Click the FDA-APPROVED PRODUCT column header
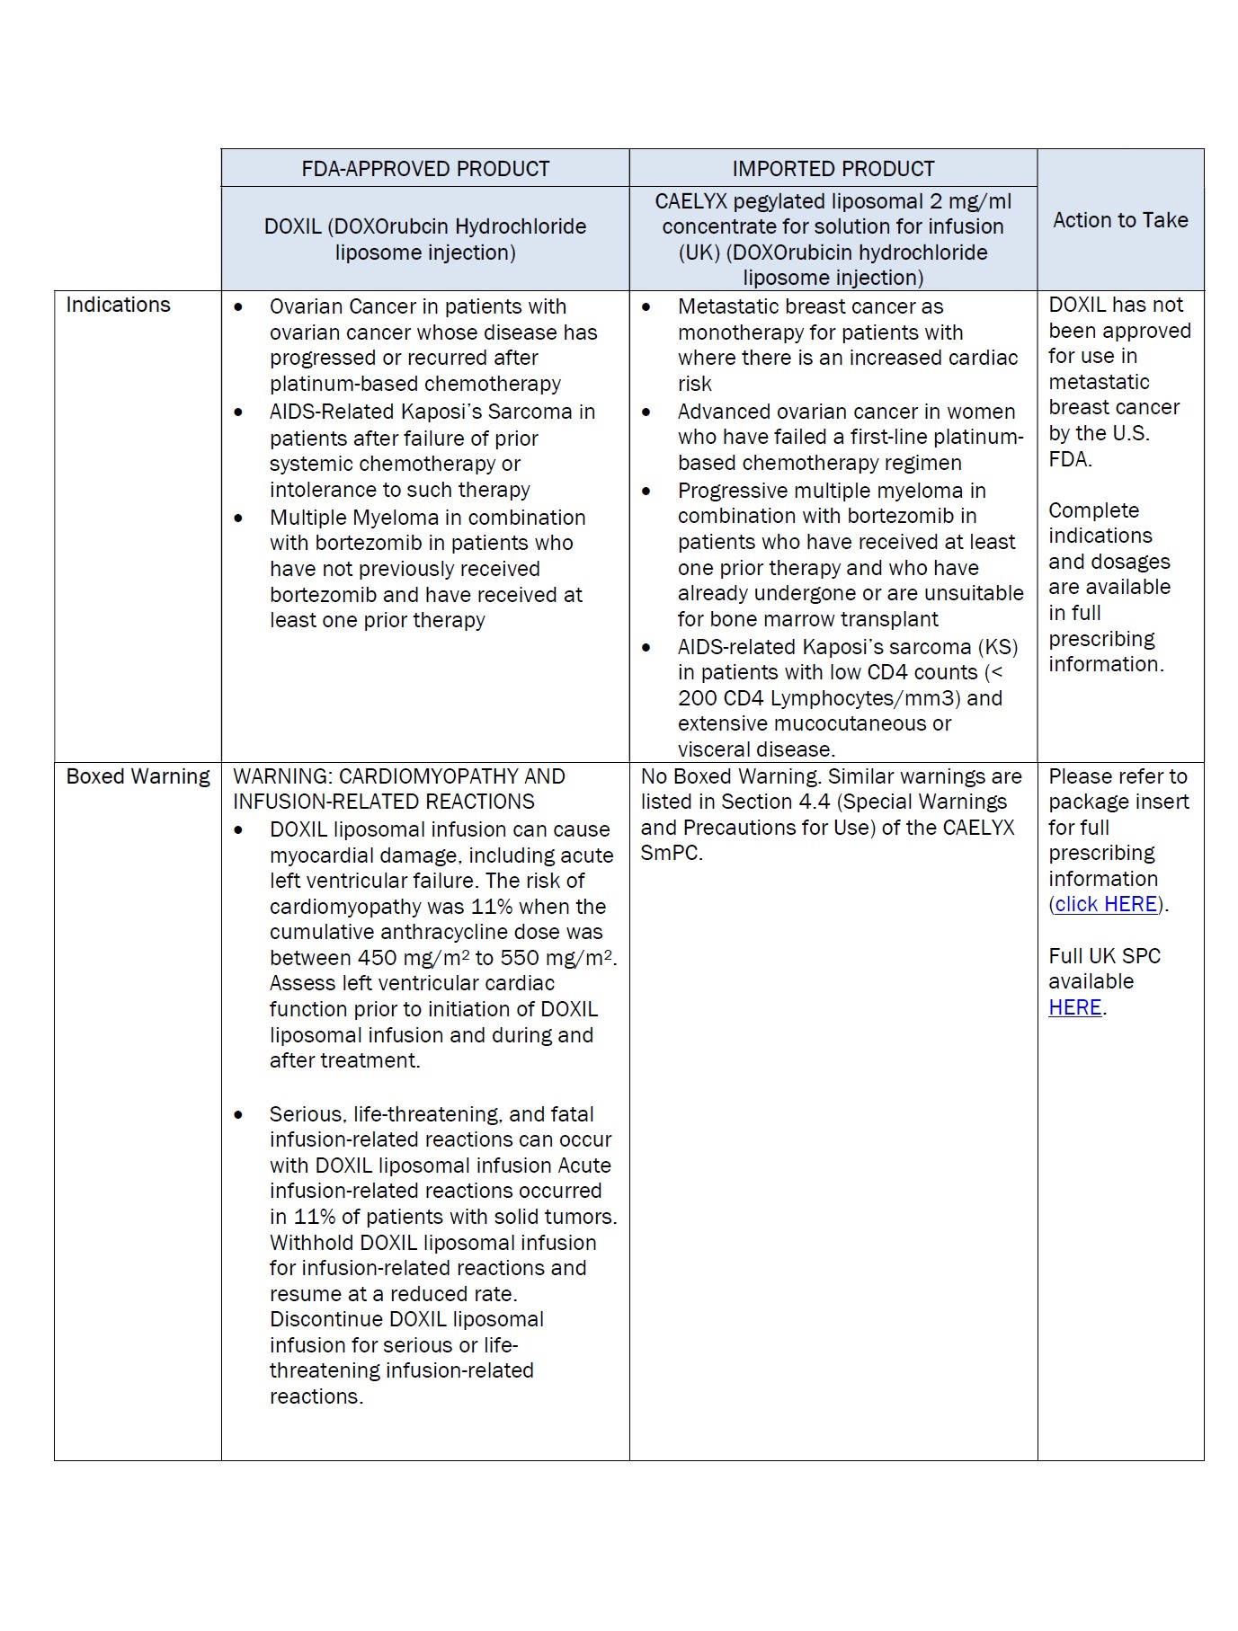425,169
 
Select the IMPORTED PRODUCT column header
833,169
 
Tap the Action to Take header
1120,220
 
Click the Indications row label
118,305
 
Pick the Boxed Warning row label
138,776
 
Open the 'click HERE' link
1106,904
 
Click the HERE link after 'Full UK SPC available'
1075,1007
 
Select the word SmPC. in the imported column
672,853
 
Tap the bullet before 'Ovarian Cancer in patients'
238,307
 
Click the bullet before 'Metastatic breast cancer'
646,307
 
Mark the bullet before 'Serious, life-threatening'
238,1115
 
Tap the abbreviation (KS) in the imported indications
998,647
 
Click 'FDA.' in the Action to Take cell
1070,459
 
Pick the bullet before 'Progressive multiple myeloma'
646,492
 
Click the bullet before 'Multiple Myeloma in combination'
238,519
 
